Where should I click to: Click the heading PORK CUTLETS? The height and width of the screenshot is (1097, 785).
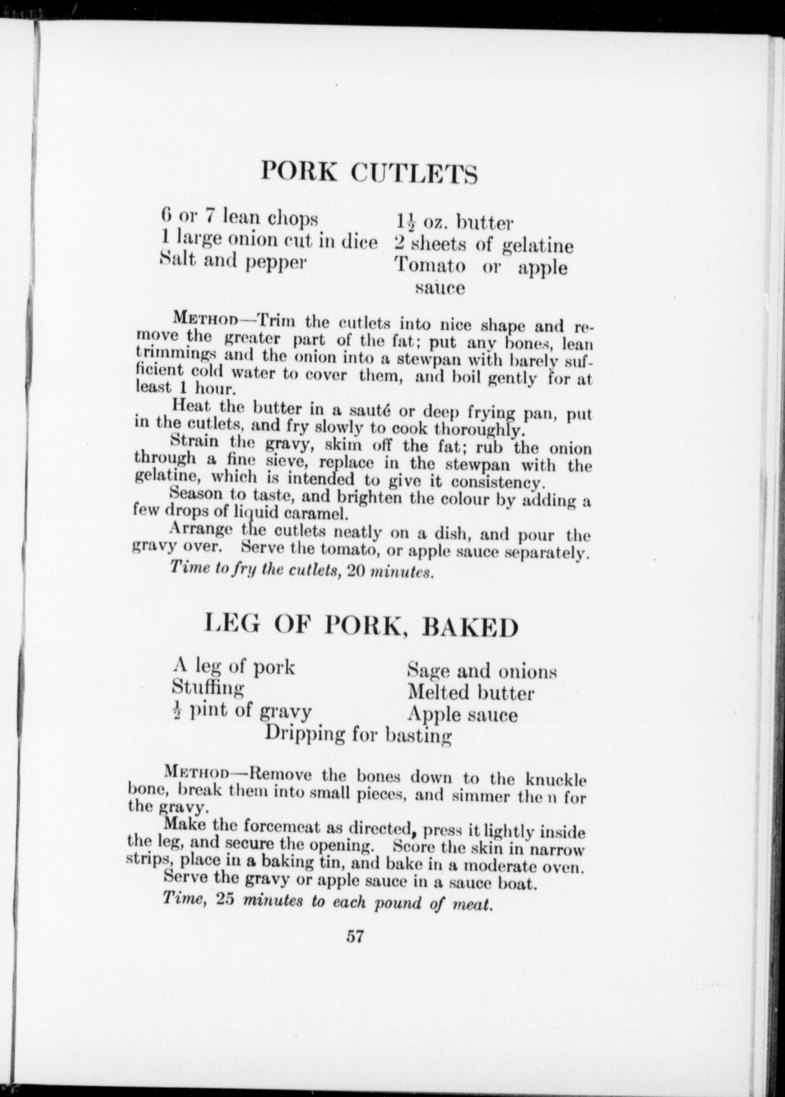click(369, 172)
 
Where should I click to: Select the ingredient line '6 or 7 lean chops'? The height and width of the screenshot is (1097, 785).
click(239, 217)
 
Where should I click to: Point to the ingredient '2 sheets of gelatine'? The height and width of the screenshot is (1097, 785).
click(484, 245)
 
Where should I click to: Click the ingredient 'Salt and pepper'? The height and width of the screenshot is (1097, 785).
click(233, 261)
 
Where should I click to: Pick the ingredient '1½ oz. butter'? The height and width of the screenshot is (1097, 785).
click(454, 223)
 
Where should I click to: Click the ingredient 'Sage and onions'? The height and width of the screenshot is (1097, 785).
click(482, 671)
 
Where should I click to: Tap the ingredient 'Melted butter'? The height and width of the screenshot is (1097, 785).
click(471, 693)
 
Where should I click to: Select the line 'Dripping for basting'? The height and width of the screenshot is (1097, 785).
click(358, 735)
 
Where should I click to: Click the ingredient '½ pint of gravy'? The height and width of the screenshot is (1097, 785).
click(242, 711)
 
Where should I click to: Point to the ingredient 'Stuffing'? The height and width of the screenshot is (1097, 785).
click(208, 688)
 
